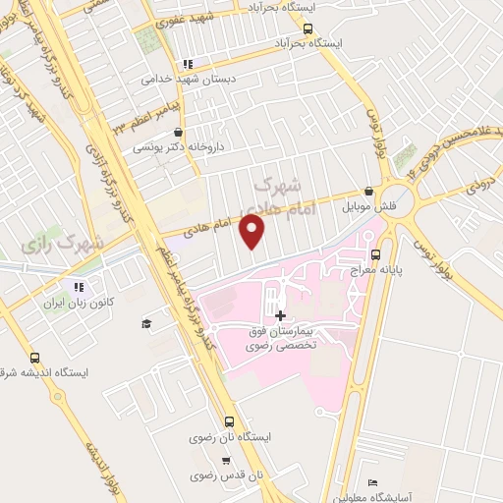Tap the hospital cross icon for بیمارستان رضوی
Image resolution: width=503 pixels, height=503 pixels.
(282, 315)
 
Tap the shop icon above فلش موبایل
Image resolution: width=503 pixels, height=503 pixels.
(368, 192)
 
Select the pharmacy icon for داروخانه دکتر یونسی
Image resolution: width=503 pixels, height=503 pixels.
(177, 132)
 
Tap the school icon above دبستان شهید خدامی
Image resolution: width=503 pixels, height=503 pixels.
(186, 65)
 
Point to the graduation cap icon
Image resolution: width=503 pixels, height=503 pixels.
(145, 323)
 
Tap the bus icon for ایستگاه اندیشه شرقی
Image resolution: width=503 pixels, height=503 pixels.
(35, 359)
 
